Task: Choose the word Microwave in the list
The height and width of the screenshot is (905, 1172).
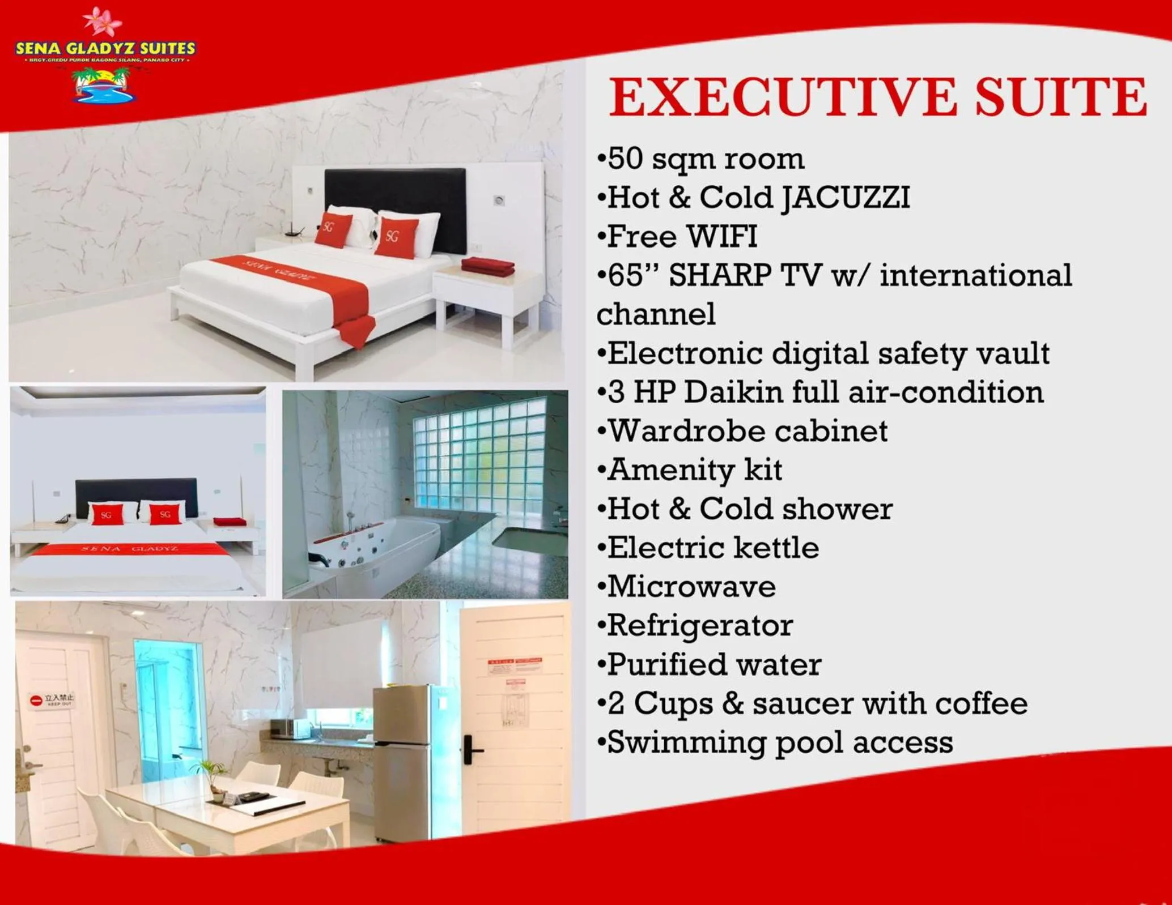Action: [691, 587]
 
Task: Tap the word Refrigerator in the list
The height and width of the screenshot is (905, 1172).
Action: [700, 626]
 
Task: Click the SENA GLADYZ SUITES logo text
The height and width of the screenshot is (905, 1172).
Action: [105, 49]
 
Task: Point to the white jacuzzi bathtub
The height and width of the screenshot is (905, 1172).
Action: [374, 544]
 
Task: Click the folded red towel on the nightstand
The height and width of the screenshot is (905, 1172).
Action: [487, 266]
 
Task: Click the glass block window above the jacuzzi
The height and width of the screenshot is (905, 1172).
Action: [479, 453]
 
